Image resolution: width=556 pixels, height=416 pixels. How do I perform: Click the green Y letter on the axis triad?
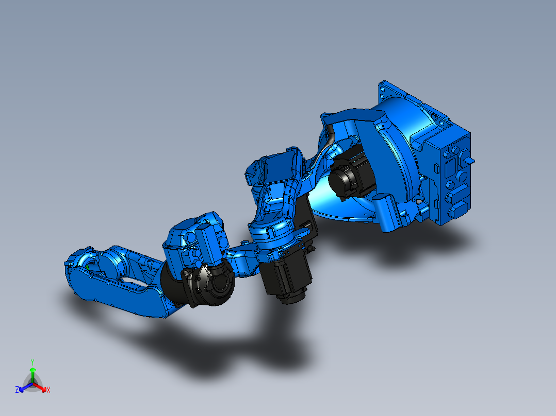32,362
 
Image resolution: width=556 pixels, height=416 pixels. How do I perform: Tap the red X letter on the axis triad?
48,390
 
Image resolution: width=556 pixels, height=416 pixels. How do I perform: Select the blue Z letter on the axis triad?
17,390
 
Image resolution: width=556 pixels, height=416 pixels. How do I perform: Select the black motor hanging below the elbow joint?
286,278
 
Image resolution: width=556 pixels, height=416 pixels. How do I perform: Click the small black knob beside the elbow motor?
313,250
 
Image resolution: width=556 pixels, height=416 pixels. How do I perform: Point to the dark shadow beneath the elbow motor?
268,330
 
